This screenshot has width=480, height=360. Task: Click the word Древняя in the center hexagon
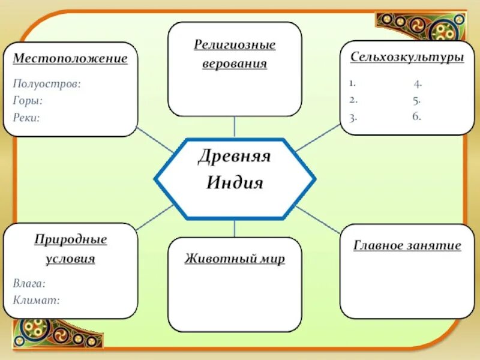235,157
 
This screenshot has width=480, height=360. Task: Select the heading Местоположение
70,59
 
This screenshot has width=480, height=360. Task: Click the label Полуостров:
47,84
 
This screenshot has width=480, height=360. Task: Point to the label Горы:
28,101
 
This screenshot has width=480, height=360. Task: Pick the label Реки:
26,118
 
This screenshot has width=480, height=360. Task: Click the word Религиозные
235,45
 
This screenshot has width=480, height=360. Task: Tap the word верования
235,64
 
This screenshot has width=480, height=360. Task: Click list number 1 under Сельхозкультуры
352,83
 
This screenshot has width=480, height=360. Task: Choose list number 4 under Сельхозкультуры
417,83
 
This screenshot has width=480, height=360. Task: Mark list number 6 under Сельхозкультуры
416,116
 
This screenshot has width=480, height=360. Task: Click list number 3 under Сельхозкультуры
353,117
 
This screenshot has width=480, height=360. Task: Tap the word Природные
70,240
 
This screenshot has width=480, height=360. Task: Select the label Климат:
36,299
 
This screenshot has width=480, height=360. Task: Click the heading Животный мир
235,259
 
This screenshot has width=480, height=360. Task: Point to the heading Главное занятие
407,245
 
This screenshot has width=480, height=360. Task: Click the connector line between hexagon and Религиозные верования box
235,127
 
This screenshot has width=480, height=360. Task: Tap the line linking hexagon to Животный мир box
235,228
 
